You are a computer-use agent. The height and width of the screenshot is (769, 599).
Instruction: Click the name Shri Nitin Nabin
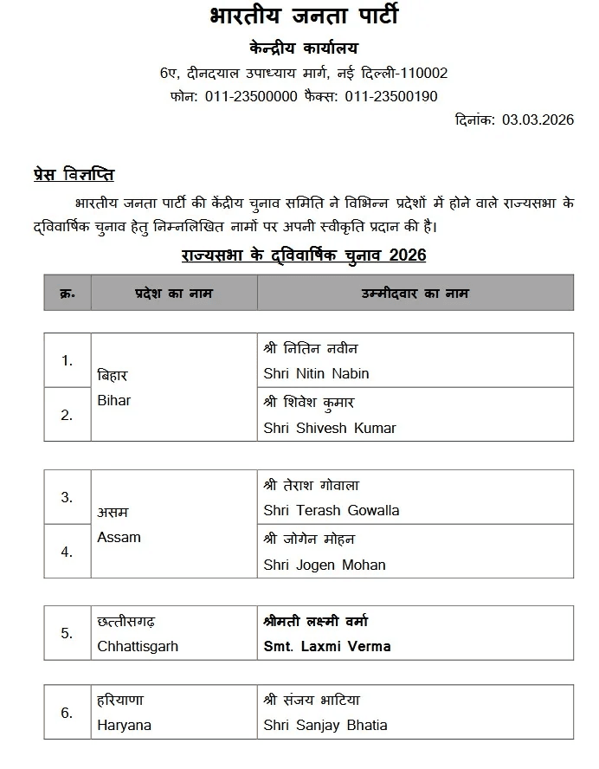coord(316,373)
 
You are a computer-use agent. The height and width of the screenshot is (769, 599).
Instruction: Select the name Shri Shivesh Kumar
coord(330,428)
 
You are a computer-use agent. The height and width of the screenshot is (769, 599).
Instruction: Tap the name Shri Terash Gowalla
coord(332,510)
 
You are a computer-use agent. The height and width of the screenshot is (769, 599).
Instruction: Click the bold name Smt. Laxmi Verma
coord(327,646)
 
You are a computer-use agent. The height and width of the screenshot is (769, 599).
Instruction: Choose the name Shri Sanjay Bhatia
coord(325,725)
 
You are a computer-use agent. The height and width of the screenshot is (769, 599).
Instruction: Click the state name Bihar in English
coord(114,401)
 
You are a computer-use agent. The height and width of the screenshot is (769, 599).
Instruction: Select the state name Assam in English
coord(119,537)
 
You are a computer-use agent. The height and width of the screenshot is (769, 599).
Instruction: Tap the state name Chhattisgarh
coord(138,646)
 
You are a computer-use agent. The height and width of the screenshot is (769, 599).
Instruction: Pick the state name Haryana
coord(124,725)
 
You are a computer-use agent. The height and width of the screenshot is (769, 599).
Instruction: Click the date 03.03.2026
coord(538,120)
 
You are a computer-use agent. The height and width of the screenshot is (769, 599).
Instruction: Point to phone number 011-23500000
coord(251,96)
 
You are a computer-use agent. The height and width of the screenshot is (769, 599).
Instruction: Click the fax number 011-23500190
coord(391,96)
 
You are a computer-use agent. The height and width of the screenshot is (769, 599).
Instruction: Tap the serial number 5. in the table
coord(67,633)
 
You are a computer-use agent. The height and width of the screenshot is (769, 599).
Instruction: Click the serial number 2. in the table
coord(67,415)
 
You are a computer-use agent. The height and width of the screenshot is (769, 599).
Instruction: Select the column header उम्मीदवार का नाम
coord(415,293)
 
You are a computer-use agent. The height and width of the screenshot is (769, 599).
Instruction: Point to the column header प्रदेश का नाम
coord(173,293)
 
